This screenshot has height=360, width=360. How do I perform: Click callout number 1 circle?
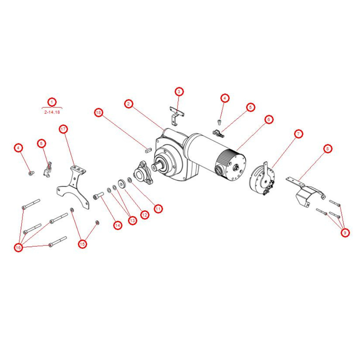[52, 102]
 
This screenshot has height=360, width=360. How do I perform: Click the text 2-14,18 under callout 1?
[52, 112]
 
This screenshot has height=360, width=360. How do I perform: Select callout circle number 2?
[129, 104]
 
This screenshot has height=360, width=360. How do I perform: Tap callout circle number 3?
[179, 91]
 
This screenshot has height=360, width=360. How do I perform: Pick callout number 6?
[269, 120]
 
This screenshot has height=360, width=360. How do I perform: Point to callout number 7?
[298, 134]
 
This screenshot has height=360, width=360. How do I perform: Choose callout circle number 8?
[327, 149]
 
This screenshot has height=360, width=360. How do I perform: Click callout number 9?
[345, 233]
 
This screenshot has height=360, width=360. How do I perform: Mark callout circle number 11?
[158, 209]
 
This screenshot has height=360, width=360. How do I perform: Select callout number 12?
[144, 215]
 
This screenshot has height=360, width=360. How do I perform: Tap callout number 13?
[132, 220]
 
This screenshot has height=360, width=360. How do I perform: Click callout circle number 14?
[118, 225]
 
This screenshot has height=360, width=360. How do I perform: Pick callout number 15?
[82, 244]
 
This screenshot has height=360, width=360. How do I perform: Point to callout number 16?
[18, 248]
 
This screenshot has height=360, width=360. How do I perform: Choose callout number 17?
[63, 129]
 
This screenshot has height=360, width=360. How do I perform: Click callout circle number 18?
[99, 112]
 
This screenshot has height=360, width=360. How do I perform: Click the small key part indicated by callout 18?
[148, 150]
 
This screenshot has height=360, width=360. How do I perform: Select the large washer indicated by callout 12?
[121, 184]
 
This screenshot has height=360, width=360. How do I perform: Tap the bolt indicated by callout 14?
[99, 196]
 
